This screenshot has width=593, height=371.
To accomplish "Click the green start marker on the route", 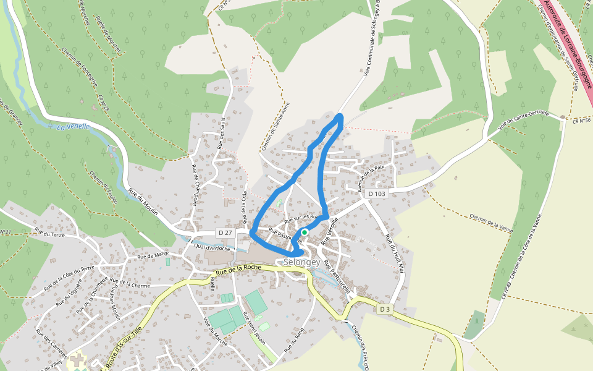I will [x=305, y=232].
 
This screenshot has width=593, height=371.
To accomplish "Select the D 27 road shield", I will [x=225, y=232].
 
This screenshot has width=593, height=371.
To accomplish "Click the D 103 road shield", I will [x=377, y=194].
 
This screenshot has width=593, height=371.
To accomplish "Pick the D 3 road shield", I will [x=385, y=309].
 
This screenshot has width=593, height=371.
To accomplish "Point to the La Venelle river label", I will [x=73, y=127].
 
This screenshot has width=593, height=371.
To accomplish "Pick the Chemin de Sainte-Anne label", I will [x=275, y=126].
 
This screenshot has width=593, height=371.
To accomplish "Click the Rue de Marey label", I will [x=153, y=255].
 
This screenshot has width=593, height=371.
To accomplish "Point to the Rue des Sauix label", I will [x=221, y=137].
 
